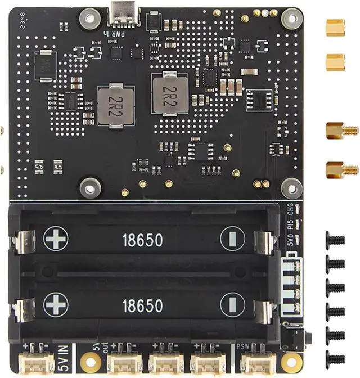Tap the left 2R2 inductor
[115, 105]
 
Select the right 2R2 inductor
[169, 93]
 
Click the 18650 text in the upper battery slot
[142, 240]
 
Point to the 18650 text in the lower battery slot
[142, 305]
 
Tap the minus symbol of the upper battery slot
[232, 239]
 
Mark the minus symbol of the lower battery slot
[232, 305]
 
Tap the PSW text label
[243, 347]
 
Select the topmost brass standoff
[335, 26]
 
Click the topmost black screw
[335, 239]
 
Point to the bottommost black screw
[335, 357]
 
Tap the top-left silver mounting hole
[89, 19]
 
